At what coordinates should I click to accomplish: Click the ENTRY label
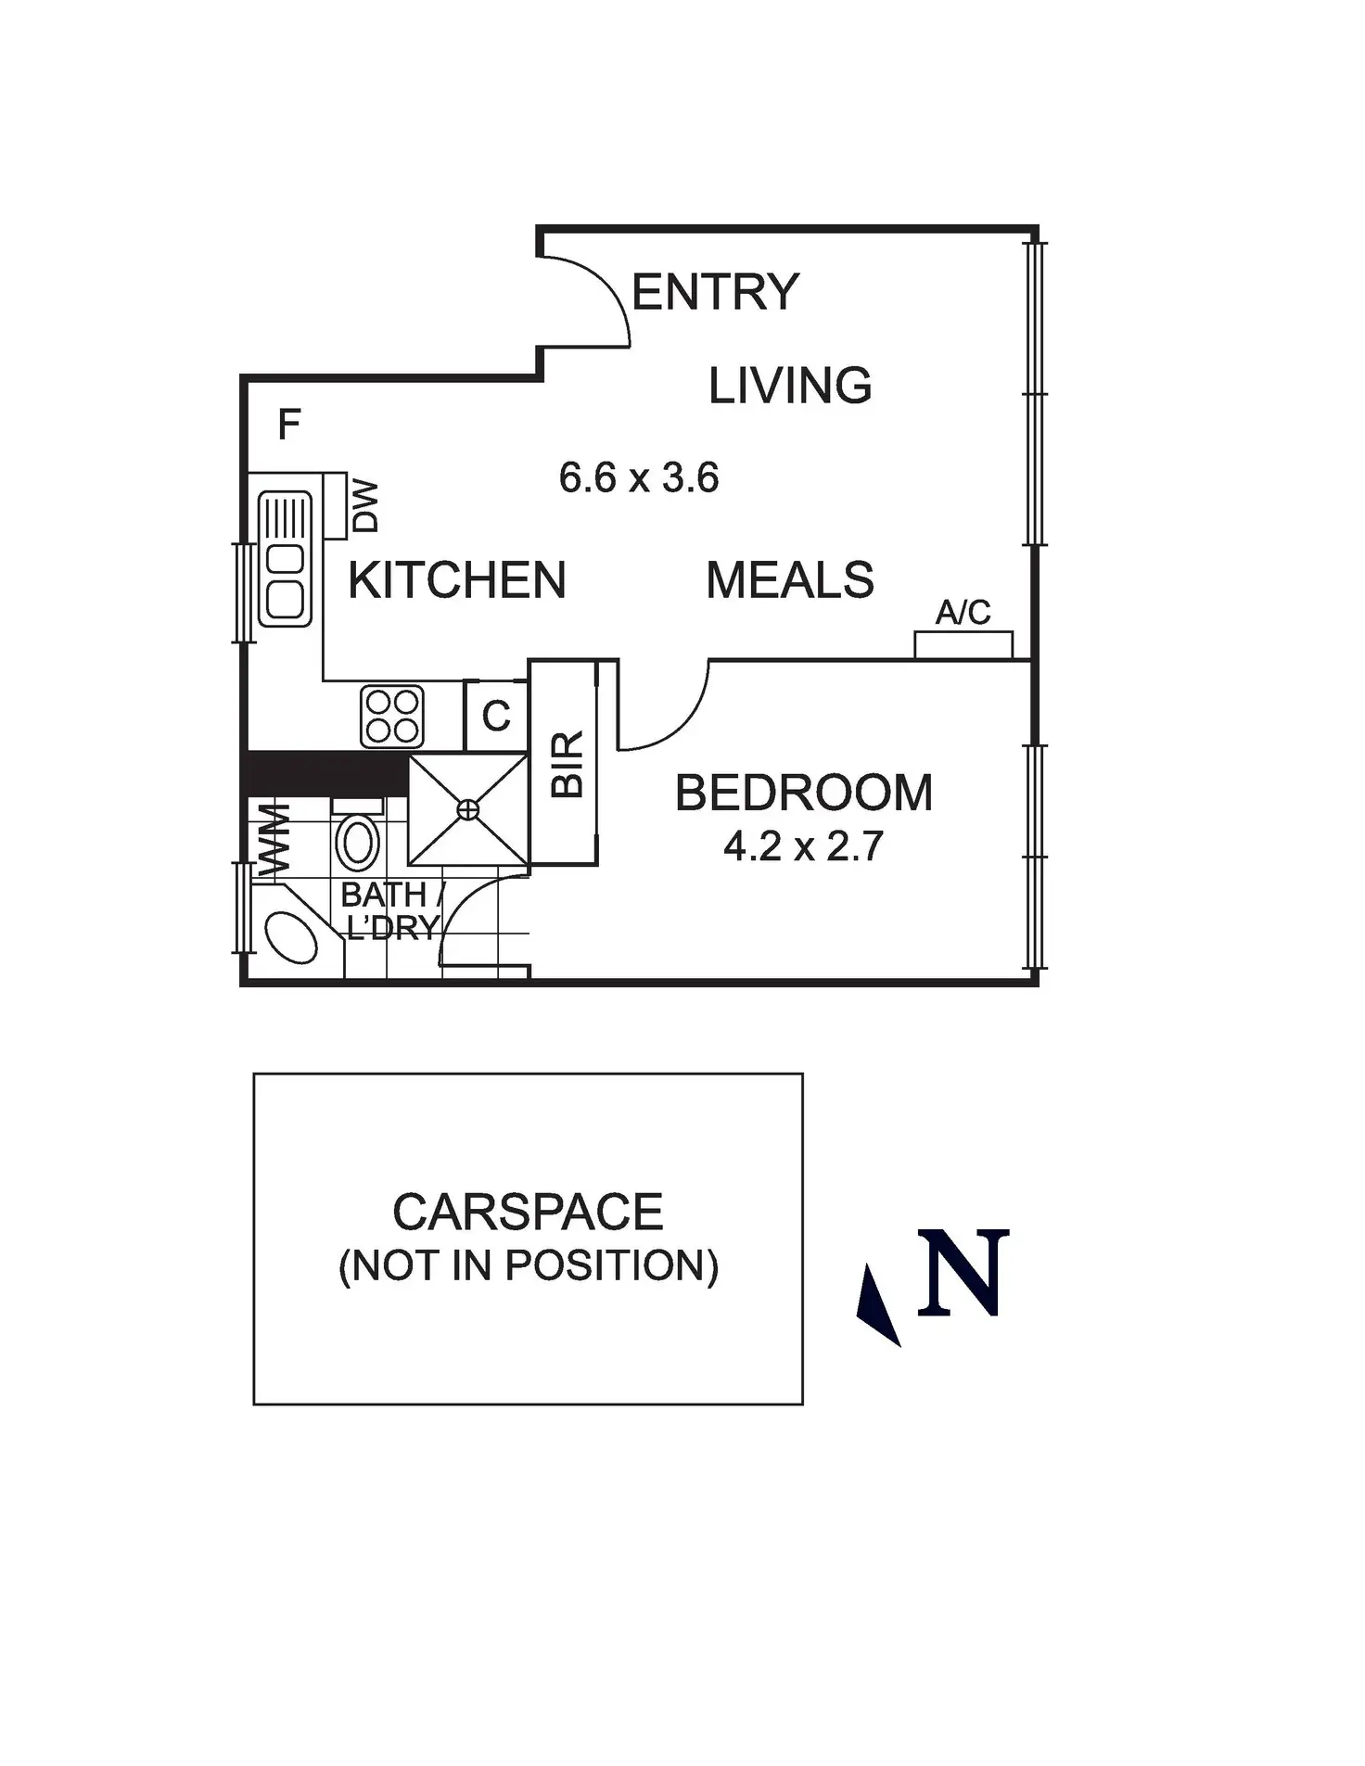coord(715,293)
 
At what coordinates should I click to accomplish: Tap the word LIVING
coord(790,386)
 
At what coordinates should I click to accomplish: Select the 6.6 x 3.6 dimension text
coord(639,478)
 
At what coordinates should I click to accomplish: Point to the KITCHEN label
coord(456,580)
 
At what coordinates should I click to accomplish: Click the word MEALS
coord(790,580)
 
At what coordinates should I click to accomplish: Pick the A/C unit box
coord(963,644)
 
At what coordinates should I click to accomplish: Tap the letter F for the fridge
coord(289,425)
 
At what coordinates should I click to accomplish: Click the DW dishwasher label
coord(366,505)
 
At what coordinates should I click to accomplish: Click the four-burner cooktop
coord(392,717)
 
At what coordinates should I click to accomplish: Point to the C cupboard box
coord(496,716)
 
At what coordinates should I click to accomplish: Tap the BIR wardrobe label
coord(568,764)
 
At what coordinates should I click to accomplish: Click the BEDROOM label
coord(803,794)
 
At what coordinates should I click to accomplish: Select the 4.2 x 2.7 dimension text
coord(803,846)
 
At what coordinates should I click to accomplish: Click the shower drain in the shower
coord(468,810)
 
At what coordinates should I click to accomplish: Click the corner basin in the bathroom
coord(290,938)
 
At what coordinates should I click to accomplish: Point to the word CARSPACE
coord(528,1212)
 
